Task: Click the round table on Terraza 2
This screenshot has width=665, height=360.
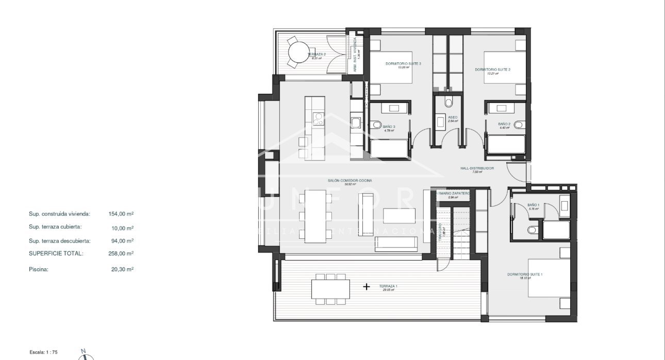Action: [297, 52]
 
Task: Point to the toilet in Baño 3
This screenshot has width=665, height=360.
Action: [376, 125]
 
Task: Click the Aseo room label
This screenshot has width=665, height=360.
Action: [453, 118]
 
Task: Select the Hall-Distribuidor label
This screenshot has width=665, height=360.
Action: [477, 168]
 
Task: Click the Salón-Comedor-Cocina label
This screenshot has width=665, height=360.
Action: [350, 181]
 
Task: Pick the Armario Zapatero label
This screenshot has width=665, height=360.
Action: [453, 193]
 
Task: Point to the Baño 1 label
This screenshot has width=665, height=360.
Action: [533, 205]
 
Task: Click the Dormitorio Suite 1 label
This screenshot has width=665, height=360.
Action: [524, 274]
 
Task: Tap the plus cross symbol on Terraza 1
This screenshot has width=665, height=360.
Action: [367, 286]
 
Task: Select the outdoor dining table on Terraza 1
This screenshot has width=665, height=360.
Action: [330, 288]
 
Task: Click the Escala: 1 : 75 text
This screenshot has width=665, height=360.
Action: [44, 351]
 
